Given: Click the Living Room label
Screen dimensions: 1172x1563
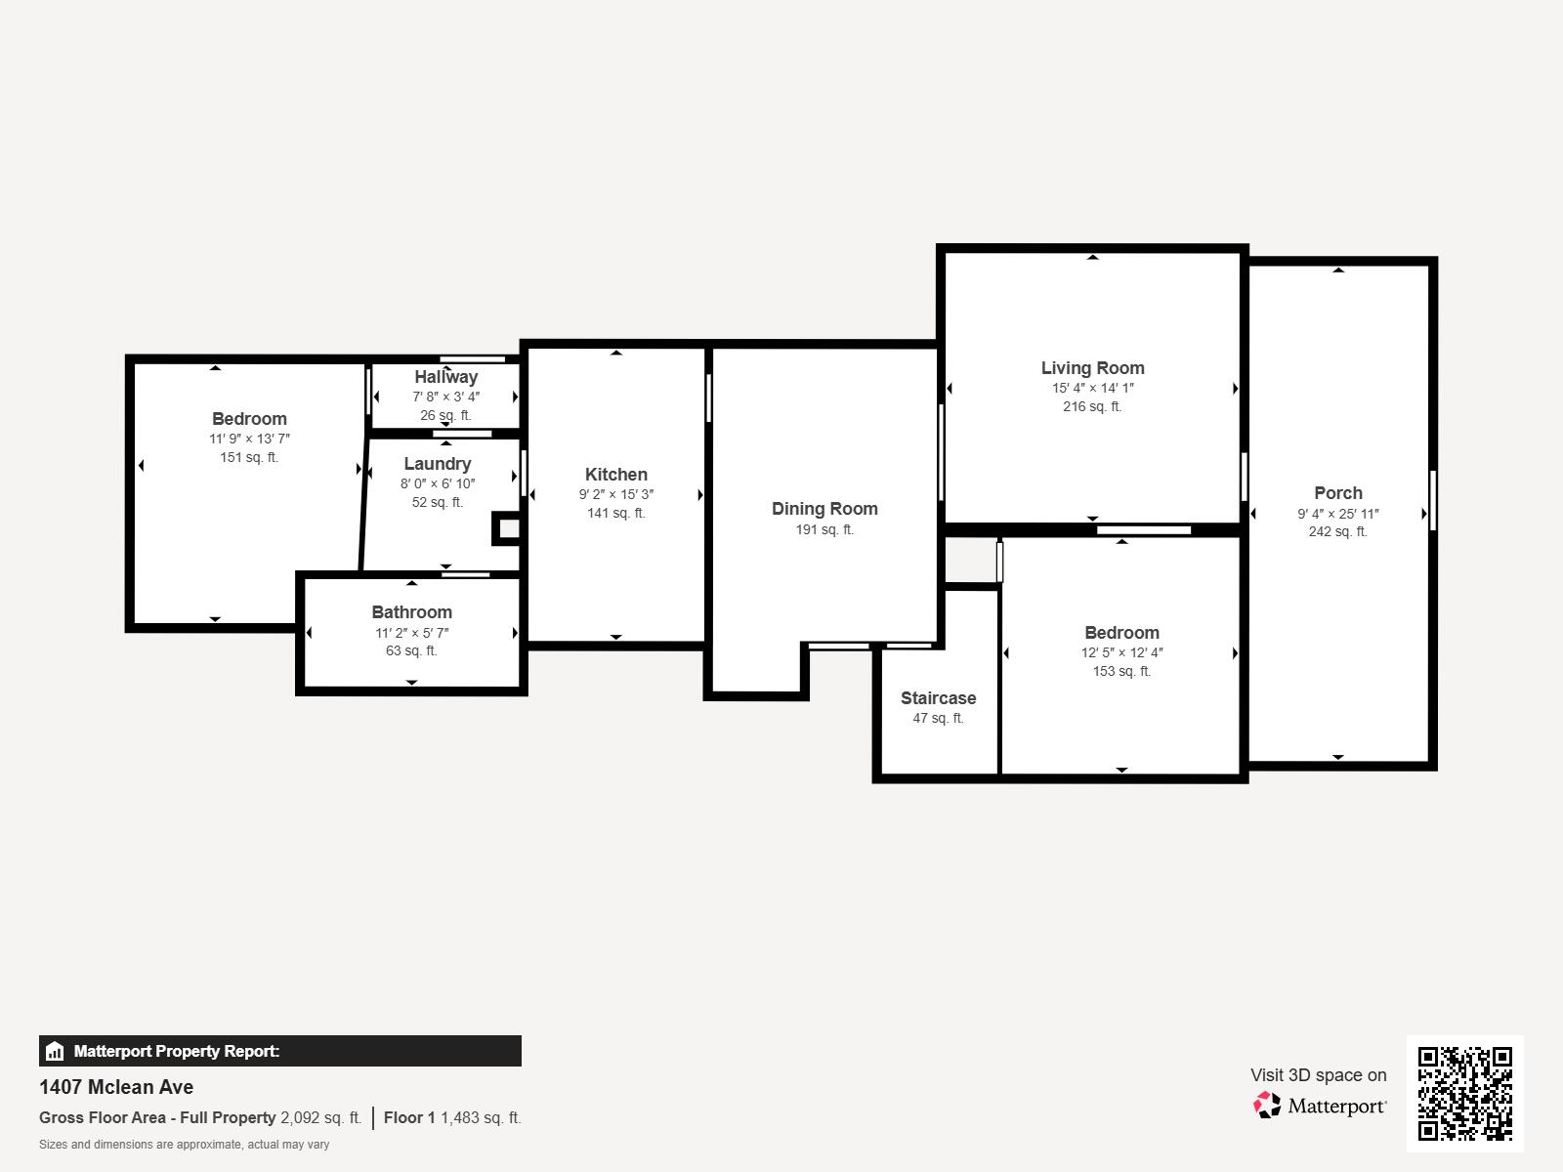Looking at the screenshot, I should point(1092,368).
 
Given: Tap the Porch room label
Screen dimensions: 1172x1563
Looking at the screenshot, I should point(1337,493).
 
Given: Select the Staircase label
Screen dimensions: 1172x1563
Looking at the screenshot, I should point(938,698).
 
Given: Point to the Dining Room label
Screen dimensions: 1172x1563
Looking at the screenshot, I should point(824,509).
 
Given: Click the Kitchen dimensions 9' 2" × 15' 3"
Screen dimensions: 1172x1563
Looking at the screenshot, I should point(615,495).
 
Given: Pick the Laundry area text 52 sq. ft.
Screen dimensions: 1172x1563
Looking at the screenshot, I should point(437,503).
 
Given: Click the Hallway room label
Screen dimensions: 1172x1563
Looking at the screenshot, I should point(445,377).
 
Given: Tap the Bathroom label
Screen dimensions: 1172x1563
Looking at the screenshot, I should point(411,612).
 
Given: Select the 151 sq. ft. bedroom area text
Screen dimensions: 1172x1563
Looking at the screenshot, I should point(248,458).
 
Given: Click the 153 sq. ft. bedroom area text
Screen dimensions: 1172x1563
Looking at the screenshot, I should point(1121,672).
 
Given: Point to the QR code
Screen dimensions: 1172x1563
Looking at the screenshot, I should point(1464,1094).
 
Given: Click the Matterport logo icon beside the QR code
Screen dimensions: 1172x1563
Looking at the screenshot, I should point(1267,1106).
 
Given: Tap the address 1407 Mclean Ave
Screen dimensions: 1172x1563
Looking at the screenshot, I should point(116,1087).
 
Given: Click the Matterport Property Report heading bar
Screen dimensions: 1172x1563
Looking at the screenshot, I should point(279,1051).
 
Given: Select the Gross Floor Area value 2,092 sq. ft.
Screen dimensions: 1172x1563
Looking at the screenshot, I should point(320,1118).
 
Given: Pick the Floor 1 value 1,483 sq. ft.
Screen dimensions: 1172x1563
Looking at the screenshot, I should point(481,1118).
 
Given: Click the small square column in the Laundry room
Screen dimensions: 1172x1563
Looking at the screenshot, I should point(508,529).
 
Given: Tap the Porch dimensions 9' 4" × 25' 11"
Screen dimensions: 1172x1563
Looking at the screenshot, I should point(1337,515).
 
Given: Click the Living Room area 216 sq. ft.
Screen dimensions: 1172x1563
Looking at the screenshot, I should point(1092,407).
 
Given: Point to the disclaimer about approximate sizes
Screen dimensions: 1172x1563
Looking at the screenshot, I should point(184,1145).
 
